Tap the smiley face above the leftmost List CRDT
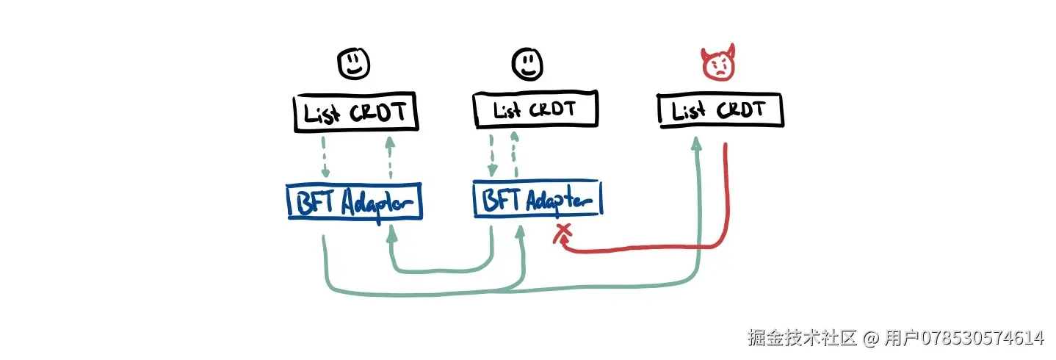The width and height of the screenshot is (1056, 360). tap(354, 64)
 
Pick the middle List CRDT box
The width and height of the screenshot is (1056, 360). tap(535, 110)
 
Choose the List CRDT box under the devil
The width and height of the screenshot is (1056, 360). tap(720, 111)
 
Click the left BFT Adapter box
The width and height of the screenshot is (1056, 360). tap(355, 201)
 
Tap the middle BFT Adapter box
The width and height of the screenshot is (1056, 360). tap(537, 200)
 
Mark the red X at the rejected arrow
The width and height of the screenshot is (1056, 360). tap(563, 234)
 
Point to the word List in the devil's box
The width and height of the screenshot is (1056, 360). tap(688, 111)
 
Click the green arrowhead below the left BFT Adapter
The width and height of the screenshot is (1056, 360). tap(392, 231)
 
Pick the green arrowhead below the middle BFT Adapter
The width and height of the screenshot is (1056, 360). tap(521, 231)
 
